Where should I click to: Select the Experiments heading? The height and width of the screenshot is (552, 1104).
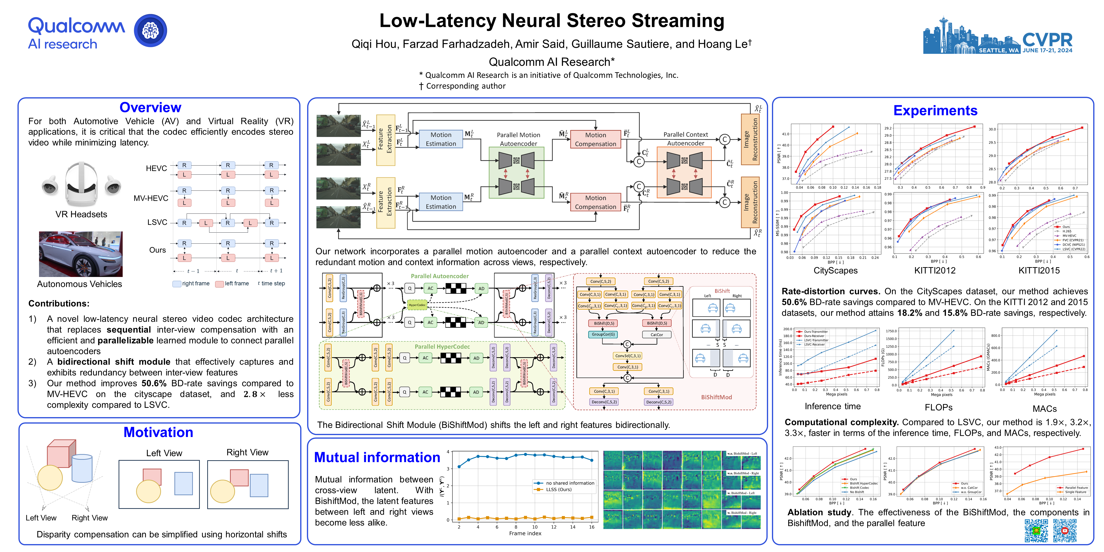coord(935,111)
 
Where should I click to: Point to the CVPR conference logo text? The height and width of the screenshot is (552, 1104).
coord(1047,40)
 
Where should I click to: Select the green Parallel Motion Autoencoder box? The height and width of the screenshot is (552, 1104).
coord(517,173)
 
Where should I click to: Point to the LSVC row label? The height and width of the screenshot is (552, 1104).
coord(157,222)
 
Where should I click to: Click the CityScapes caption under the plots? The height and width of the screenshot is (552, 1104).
coord(835,270)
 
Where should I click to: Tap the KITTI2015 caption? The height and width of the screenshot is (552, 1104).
coord(1039,270)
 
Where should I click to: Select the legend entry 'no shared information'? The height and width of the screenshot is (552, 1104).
coord(569,483)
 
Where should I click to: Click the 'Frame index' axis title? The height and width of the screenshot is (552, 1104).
coord(525,534)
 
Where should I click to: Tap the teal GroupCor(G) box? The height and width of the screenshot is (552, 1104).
coord(603,334)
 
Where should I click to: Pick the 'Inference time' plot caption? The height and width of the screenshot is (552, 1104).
coord(832,406)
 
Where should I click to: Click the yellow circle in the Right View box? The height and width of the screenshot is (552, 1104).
coord(222,491)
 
